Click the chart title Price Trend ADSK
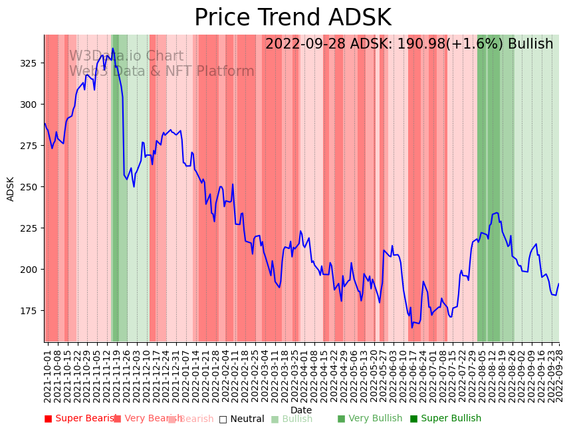pyautogui.click(x=292, y=18)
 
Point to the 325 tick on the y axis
pyautogui.click(x=33, y=63)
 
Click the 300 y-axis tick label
pyautogui.click(x=33, y=105)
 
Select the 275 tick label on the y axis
pyautogui.click(x=33, y=146)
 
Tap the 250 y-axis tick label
pyautogui.click(x=33, y=187)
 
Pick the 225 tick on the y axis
pyautogui.click(x=33, y=228)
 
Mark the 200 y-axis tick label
pyautogui.click(x=33, y=270)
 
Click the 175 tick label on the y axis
pyautogui.click(x=33, y=311)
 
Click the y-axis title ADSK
pyautogui.click(x=11, y=188)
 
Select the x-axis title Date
pyautogui.click(x=301, y=410)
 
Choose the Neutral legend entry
pyautogui.click(x=242, y=419)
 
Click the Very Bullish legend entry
pyautogui.click(x=370, y=419)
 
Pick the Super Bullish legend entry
pyautogui.click(x=445, y=419)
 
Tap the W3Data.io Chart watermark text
pyautogui.click(x=126, y=57)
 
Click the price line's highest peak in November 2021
pyautogui.click(x=113, y=49)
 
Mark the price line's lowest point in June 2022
pyautogui.click(x=411, y=327)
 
